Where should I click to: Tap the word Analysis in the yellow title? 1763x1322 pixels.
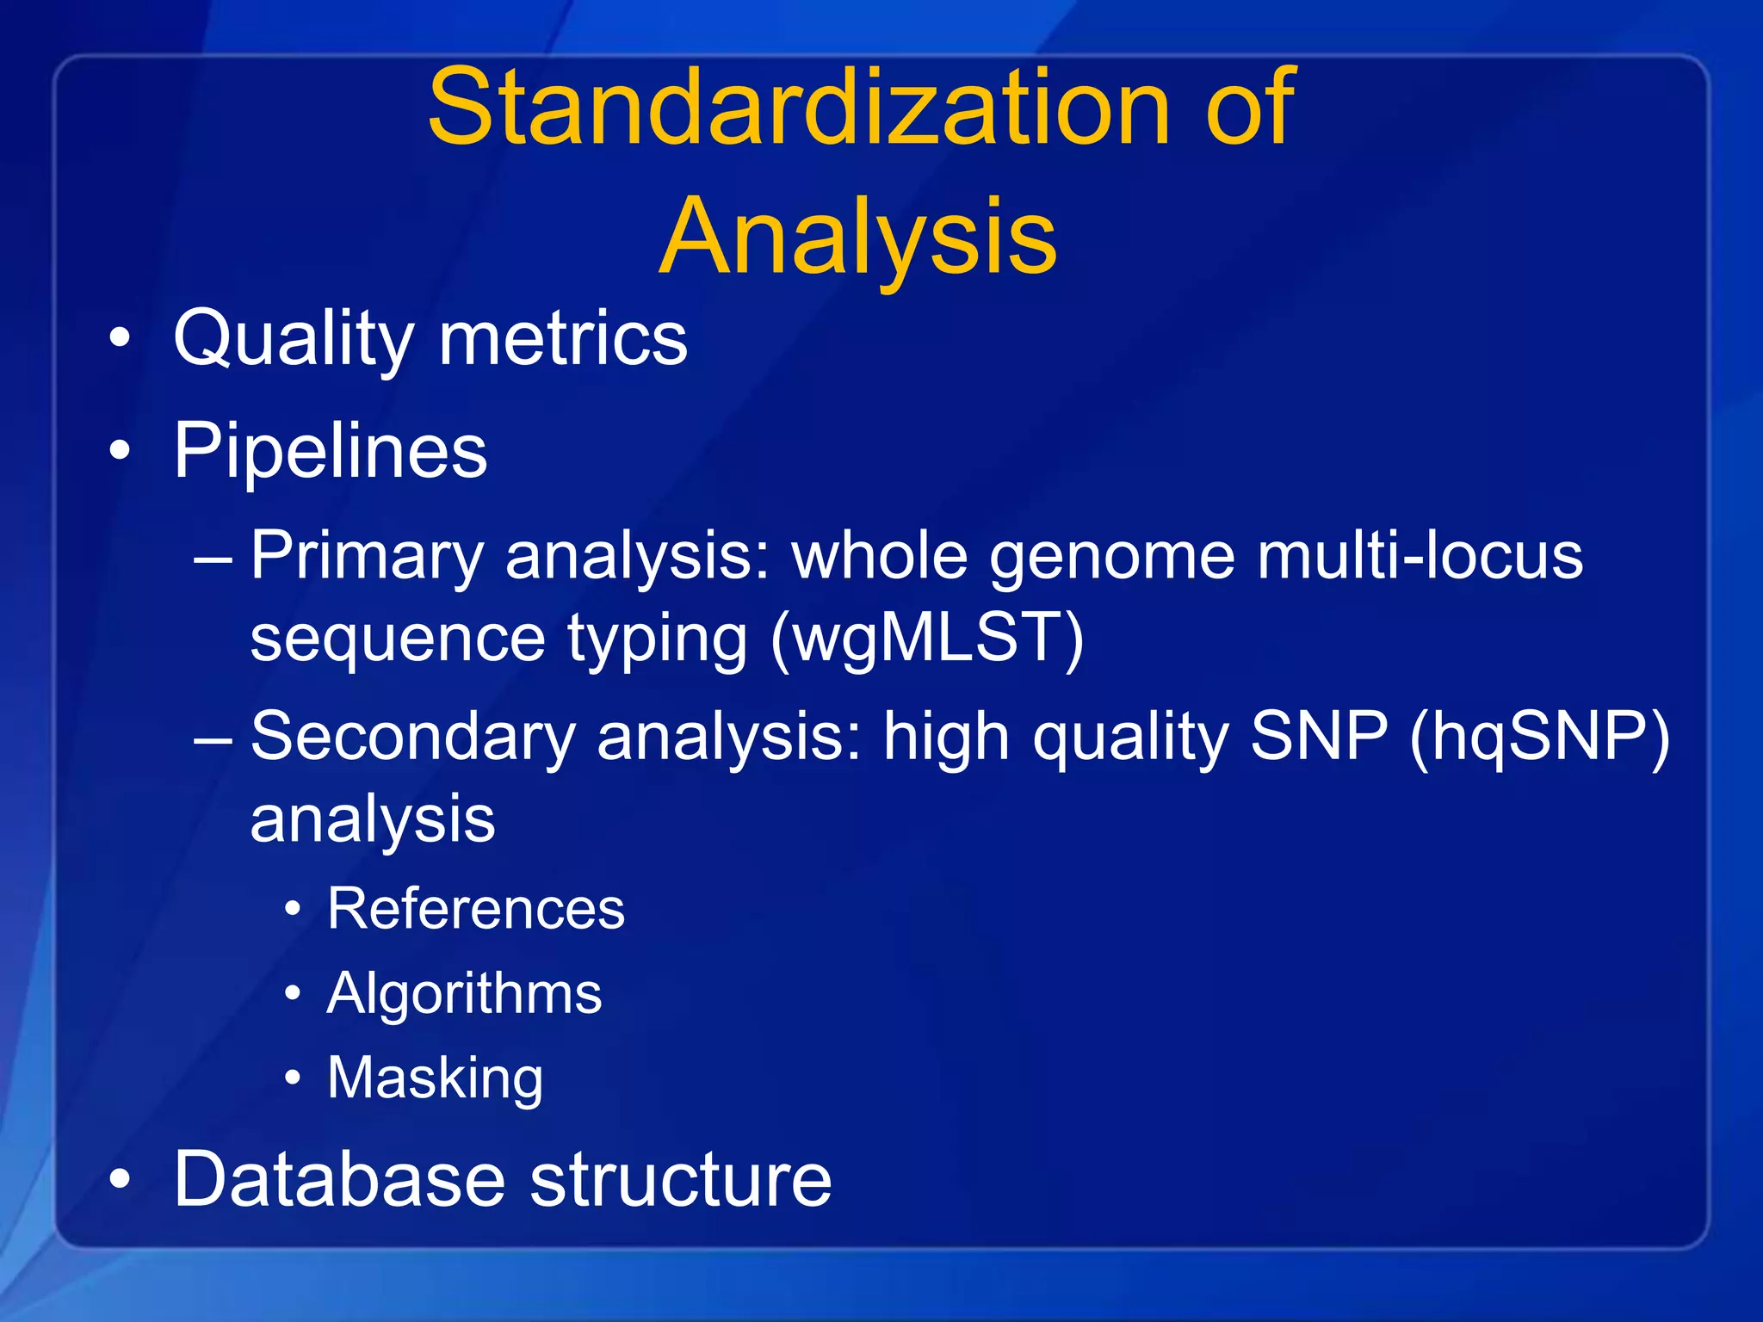pyautogui.click(x=857, y=237)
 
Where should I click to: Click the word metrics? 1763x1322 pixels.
pyautogui.click(x=563, y=338)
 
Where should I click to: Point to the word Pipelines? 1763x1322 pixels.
pyautogui.click(x=331, y=451)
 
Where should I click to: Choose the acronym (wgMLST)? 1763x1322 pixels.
pyautogui.click(x=927, y=638)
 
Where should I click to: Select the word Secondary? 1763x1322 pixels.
pyautogui.click(x=413, y=737)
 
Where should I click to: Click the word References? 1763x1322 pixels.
pyautogui.click(x=476, y=909)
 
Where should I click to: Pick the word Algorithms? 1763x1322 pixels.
pyautogui.click(x=464, y=994)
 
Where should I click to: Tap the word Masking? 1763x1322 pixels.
pyautogui.click(x=436, y=1078)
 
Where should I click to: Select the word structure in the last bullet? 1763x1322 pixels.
pyautogui.click(x=680, y=1179)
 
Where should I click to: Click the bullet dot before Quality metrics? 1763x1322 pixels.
pyautogui.click(x=121, y=338)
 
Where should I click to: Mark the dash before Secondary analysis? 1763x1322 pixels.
pyautogui.click(x=213, y=738)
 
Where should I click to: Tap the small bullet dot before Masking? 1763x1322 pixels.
pyautogui.click(x=294, y=1078)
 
